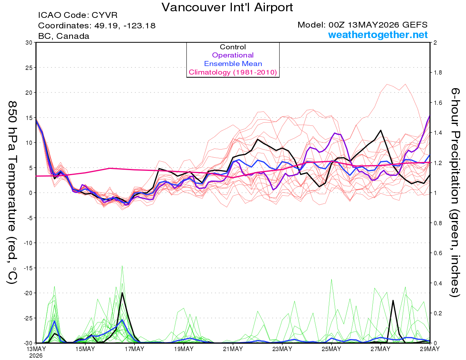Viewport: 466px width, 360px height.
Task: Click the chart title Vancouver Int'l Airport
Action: pos(227,7)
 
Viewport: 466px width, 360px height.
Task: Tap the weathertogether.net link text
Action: pos(378,35)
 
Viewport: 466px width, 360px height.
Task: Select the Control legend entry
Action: pos(233,47)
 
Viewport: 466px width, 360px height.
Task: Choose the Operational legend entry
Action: pos(233,55)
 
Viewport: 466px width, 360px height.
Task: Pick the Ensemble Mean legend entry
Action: pos(233,64)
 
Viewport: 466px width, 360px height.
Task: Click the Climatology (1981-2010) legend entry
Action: pos(233,72)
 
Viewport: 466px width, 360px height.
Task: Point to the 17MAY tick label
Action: pos(134,349)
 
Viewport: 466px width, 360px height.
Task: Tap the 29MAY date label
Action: pos(430,349)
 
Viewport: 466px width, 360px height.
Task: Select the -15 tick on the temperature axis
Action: pos(28,268)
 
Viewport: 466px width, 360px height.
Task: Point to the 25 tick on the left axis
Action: pos(29,68)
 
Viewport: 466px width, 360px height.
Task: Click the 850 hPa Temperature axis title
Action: pos(12,193)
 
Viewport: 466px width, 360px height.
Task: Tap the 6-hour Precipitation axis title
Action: pos(455,192)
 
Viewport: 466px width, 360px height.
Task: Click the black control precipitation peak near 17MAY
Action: pos(122,293)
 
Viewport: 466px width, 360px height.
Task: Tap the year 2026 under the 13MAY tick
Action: pos(36,356)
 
